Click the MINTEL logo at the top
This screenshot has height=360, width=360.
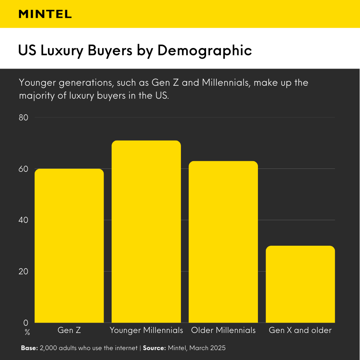pyautogui.click(x=45, y=14)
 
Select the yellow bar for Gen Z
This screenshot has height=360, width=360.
pyautogui.click(x=69, y=246)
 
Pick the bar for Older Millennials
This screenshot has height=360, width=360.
pyautogui.click(x=223, y=242)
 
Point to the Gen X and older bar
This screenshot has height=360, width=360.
pyautogui.click(x=300, y=284)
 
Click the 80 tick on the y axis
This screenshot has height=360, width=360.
pyautogui.click(x=24, y=117)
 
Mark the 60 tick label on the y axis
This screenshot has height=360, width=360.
pyautogui.click(x=24, y=169)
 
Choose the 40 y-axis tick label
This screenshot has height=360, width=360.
pyautogui.click(x=24, y=220)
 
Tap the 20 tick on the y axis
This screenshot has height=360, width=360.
pyautogui.click(x=24, y=272)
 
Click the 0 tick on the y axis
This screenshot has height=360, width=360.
pyautogui.click(x=26, y=323)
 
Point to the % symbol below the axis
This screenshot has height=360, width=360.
pyautogui.click(x=27, y=333)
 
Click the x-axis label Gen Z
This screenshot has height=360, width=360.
pyautogui.click(x=69, y=330)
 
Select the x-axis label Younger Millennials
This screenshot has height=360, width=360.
pyautogui.click(x=146, y=330)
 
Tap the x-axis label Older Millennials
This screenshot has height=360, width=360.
pyautogui.click(x=223, y=330)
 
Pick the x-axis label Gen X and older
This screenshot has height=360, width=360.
pyautogui.click(x=300, y=330)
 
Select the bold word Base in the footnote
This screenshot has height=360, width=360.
pyautogui.click(x=29, y=348)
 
